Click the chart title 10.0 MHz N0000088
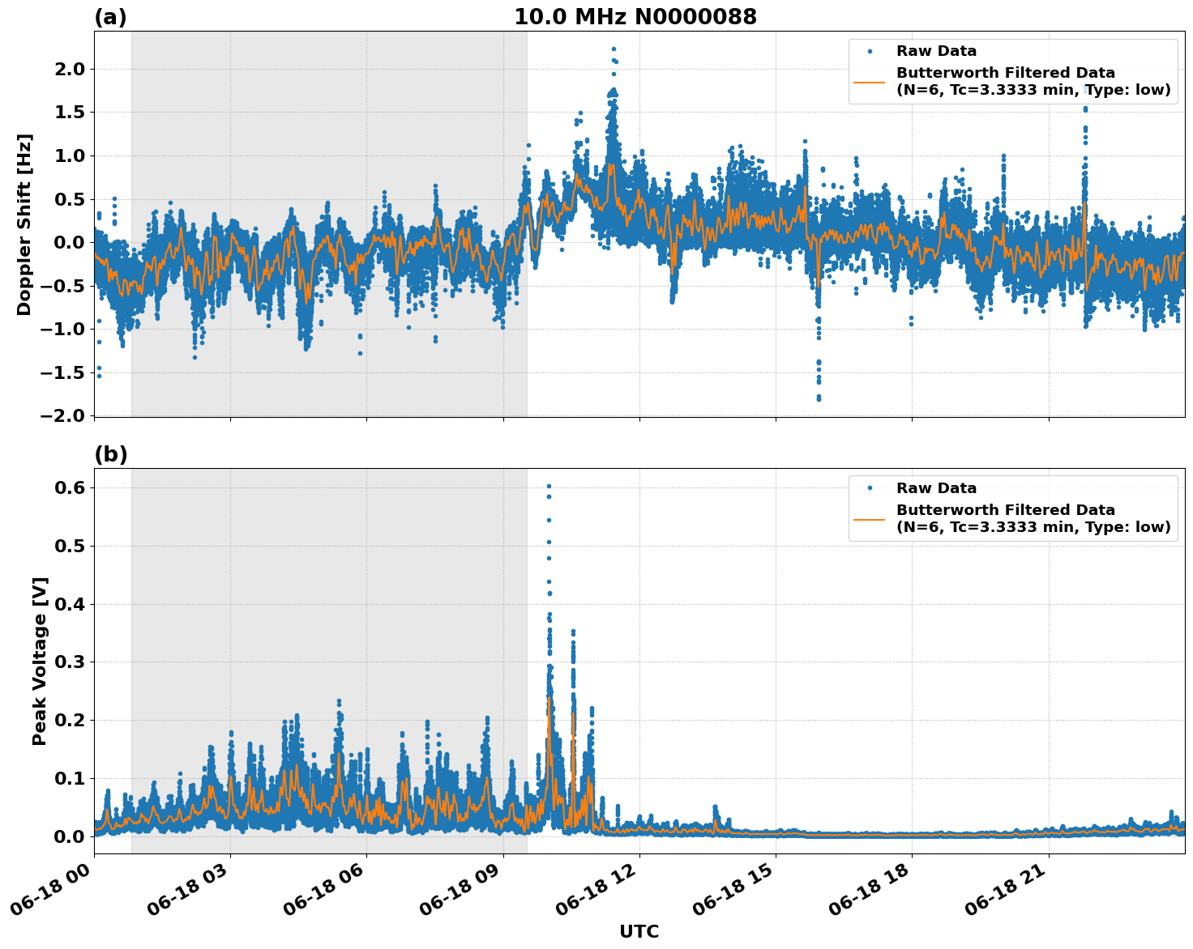635,17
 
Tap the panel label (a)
110,17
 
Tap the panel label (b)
110,454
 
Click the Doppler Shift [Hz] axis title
24,224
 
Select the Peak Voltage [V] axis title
40,661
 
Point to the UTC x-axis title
639,931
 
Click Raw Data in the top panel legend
936,51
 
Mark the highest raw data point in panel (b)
549,486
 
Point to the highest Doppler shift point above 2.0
614,49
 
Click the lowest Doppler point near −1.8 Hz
819,399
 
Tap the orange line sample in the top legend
869,81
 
